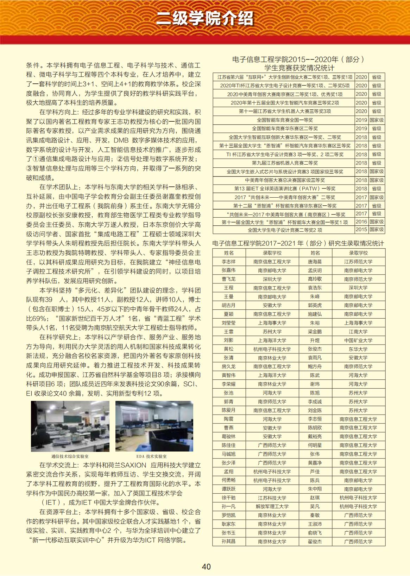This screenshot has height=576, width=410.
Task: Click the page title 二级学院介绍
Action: (205, 18)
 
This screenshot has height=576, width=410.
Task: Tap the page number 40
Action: (206, 567)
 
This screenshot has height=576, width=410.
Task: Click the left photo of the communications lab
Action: (70, 426)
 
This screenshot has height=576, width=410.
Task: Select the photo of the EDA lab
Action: (154, 426)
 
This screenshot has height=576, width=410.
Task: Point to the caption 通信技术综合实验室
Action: (70, 456)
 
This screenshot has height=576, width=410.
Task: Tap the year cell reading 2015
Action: (361, 230)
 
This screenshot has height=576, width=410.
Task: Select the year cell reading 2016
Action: (361, 222)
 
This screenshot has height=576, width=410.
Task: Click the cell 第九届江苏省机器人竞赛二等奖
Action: (285, 163)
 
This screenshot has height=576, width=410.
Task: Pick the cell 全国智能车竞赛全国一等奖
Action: (285, 120)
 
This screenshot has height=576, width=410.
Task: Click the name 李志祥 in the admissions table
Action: (228, 262)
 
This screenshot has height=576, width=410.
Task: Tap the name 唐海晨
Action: (315, 262)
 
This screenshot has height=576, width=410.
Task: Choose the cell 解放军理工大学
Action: (272, 506)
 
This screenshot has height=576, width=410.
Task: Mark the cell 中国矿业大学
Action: (358, 340)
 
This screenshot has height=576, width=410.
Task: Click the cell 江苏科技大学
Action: (272, 498)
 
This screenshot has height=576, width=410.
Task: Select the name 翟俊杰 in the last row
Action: (315, 542)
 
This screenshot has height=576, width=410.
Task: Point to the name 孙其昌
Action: (228, 542)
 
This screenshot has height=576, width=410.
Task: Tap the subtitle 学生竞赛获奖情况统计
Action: (299, 68)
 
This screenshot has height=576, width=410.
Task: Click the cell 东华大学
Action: (358, 349)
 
